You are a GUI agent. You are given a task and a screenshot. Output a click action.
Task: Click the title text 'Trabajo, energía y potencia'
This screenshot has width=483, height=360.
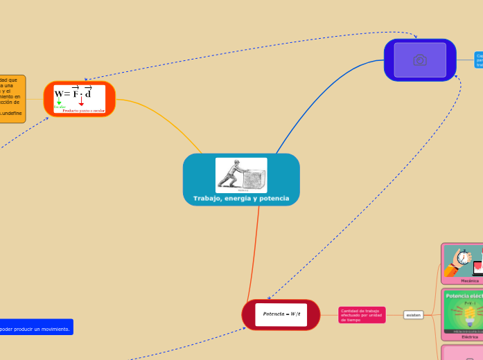click(x=241, y=199)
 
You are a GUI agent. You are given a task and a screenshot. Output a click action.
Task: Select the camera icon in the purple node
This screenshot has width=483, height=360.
click(x=420, y=60)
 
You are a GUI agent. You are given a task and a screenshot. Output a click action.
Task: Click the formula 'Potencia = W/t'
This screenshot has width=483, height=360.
click(x=281, y=314)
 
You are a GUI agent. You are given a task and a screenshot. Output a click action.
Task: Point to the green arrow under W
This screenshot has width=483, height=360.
click(x=59, y=102)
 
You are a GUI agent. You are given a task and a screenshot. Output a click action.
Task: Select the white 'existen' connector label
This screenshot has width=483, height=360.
click(x=414, y=315)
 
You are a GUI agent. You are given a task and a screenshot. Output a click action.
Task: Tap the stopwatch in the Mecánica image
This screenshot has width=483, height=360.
click(x=462, y=260)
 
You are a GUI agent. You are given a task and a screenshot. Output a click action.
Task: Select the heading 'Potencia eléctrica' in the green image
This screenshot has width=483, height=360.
click(x=464, y=296)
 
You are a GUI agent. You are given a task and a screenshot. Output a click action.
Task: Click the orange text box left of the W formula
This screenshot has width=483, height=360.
click(x=12, y=98)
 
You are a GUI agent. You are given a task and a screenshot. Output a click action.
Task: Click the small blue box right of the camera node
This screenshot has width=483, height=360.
click(x=479, y=60)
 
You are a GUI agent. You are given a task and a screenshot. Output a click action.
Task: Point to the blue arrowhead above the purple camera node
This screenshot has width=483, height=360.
click(x=416, y=36)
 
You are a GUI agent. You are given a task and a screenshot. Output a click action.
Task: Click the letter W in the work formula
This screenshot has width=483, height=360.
click(x=60, y=93)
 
